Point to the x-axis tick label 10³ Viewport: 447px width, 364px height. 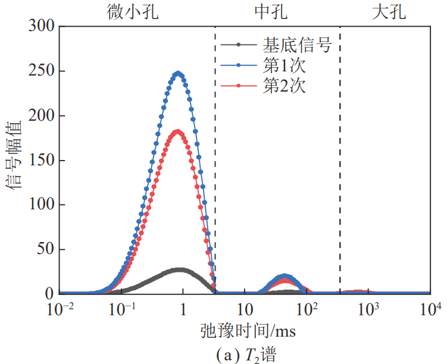pyautogui.click(x=368, y=309)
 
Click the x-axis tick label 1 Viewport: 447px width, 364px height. pyautogui.click(x=183, y=310)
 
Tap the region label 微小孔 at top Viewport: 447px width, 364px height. pyautogui.click(x=136, y=12)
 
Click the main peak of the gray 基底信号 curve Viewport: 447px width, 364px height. pyautogui.click(x=179, y=269)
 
